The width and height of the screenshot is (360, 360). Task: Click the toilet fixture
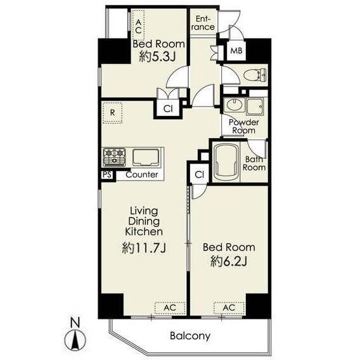tap(255, 75)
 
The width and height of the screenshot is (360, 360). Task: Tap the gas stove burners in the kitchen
tap(114, 157)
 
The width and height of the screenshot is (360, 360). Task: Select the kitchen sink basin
tap(146, 157)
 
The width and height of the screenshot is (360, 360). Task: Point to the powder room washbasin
tap(234, 105)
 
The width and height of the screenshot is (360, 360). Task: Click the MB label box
tap(236, 51)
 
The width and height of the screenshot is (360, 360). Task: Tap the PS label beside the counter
tap(106, 174)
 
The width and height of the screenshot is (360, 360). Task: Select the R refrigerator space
tap(112, 113)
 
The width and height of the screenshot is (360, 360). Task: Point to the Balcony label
tap(190, 336)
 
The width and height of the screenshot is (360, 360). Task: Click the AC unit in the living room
tap(170, 308)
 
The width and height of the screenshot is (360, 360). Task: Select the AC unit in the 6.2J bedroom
tap(229, 308)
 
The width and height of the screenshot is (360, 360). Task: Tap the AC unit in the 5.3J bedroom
tap(138, 25)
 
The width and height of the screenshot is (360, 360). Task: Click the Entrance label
tap(203, 23)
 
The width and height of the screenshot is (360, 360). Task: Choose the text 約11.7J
tap(144, 248)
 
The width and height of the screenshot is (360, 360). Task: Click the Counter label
tap(142, 175)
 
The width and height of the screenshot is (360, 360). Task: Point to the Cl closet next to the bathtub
tap(199, 174)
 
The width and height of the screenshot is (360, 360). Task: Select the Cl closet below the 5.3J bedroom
tap(168, 108)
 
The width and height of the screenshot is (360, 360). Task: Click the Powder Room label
tap(244, 127)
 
